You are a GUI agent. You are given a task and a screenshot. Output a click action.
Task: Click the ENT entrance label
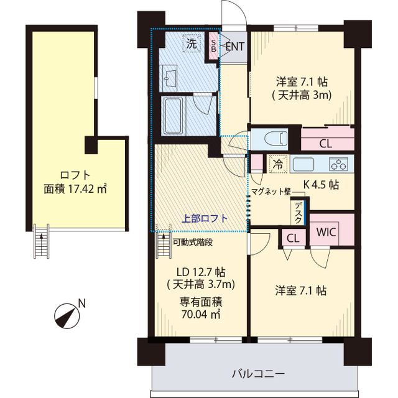[234, 46]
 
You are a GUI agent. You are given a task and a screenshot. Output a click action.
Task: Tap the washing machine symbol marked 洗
[191, 44]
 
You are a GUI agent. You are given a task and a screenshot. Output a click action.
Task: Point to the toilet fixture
[273, 138]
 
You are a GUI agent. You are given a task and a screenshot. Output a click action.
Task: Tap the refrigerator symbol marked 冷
[277, 165]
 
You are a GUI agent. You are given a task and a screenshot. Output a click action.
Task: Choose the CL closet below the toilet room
[325, 143]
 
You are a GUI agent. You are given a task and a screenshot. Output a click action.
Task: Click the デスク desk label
[299, 213]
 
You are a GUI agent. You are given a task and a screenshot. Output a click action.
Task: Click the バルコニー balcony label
[258, 374]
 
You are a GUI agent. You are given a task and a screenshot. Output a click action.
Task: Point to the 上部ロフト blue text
[205, 218]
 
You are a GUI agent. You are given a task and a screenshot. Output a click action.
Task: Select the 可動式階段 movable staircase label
[193, 243]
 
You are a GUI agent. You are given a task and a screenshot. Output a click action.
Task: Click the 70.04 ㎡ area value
[201, 315]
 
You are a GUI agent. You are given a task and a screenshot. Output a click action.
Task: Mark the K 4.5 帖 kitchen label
[320, 185]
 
